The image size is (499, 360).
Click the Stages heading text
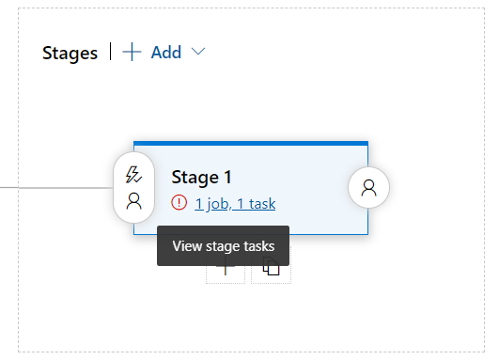[70, 53]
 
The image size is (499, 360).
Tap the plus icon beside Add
[133, 53]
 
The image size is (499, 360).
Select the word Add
[166, 53]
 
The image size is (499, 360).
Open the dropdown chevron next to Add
[197, 53]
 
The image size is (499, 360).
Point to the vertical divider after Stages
[111, 52]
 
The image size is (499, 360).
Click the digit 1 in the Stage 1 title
[226, 177]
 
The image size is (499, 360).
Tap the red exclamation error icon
[179, 203]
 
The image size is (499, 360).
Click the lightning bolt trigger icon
[133, 174]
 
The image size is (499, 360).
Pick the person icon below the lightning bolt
[133, 199]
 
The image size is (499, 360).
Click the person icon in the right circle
[368, 187]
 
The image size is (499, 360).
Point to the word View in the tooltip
[188, 246]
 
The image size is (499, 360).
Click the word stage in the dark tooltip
[225, 246]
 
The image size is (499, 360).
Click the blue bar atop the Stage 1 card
[250, 143]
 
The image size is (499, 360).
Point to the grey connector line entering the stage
[56, 187]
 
